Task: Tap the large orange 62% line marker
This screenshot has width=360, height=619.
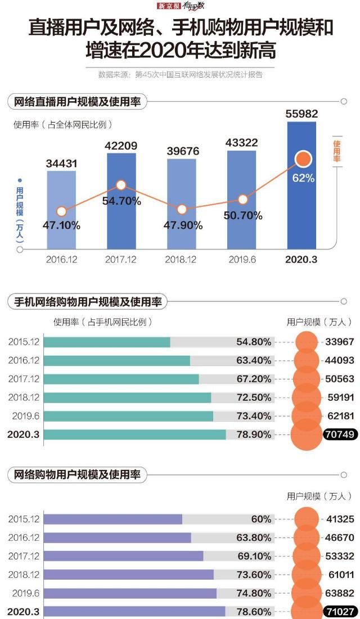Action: [x=304, y=159]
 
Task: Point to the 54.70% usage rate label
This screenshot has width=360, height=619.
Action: [x=121, y=201]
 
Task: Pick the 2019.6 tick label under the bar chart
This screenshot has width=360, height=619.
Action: [x=242, y=260]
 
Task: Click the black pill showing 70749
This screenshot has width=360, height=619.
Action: [x=339, y=434]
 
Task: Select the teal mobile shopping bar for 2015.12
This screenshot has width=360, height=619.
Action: [x=107, y=342]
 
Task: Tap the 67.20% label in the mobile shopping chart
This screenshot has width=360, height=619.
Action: [x=254, y=379]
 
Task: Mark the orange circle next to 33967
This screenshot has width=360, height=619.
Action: [x=307, y=342]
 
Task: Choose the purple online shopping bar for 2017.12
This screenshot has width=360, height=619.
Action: [x=123, y=556]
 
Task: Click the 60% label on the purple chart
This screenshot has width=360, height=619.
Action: [x=261, y=519]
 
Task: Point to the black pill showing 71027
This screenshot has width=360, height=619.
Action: [x=339, y=611]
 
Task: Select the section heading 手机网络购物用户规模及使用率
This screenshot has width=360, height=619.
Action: [x=88, y=302]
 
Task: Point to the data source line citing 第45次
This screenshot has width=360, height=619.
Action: [x=180, y=74]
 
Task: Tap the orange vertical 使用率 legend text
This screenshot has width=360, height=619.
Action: [x=337, y=151]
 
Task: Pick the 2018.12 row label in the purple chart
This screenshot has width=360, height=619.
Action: [x=24, y=574]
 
